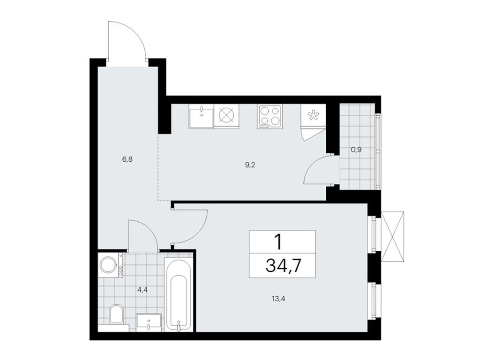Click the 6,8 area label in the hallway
pos(127,159)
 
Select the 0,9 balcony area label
pos(356,150)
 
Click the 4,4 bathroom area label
pos(143,289)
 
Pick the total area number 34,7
pos(283,265)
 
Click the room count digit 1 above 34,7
pos(278,242)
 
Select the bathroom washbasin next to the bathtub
pos(149,322)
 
